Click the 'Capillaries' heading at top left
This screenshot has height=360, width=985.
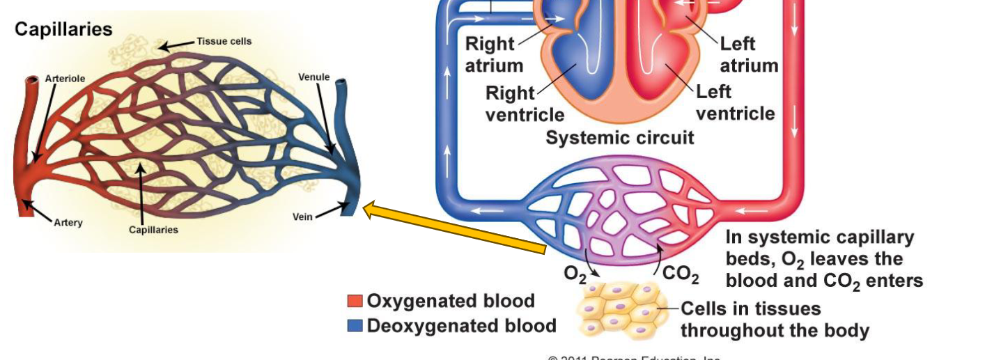63,30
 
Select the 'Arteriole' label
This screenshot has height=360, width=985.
65,79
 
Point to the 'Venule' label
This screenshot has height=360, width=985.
313,77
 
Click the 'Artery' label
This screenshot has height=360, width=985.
68,223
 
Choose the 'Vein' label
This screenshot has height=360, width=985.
303,217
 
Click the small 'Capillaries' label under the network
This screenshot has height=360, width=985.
153,230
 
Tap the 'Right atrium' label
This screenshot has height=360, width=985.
494,55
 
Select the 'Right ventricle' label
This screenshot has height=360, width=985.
524,103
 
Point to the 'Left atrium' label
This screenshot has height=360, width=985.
748,55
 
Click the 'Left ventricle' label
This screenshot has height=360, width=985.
734,103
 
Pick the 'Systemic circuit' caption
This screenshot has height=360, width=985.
619,138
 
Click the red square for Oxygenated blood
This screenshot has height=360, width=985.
355,301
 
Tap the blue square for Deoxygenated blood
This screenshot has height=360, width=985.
355,326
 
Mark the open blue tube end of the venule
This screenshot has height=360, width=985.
341,84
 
